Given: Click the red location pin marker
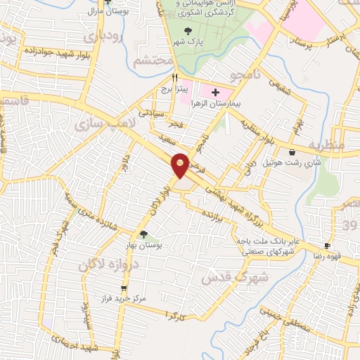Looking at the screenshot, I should tap(180, 165).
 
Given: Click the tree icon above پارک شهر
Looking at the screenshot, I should tap(188, 31).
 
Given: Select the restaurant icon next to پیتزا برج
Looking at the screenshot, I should tap(175, 79).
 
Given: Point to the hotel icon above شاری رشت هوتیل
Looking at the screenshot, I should tap(292, 152).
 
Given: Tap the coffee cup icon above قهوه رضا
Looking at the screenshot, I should tap(327, 245).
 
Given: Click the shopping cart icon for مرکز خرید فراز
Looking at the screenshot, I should tap(124, 288).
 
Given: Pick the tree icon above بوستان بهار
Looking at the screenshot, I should tap(144, 234).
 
